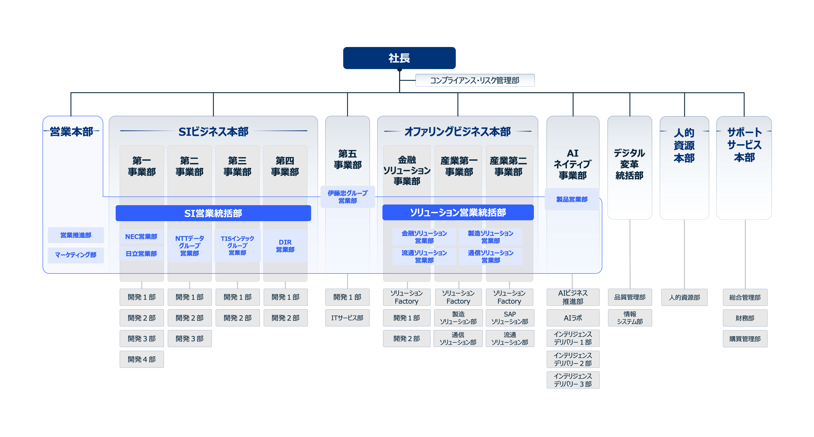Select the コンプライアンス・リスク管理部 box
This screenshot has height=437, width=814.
tap(475, 80)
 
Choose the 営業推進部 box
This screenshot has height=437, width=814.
tap(76, 235)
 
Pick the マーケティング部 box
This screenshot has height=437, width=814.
tap(76, 255)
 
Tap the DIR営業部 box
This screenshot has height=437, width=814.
tap(285, 246)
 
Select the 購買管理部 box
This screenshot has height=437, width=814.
tap(745, 339)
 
